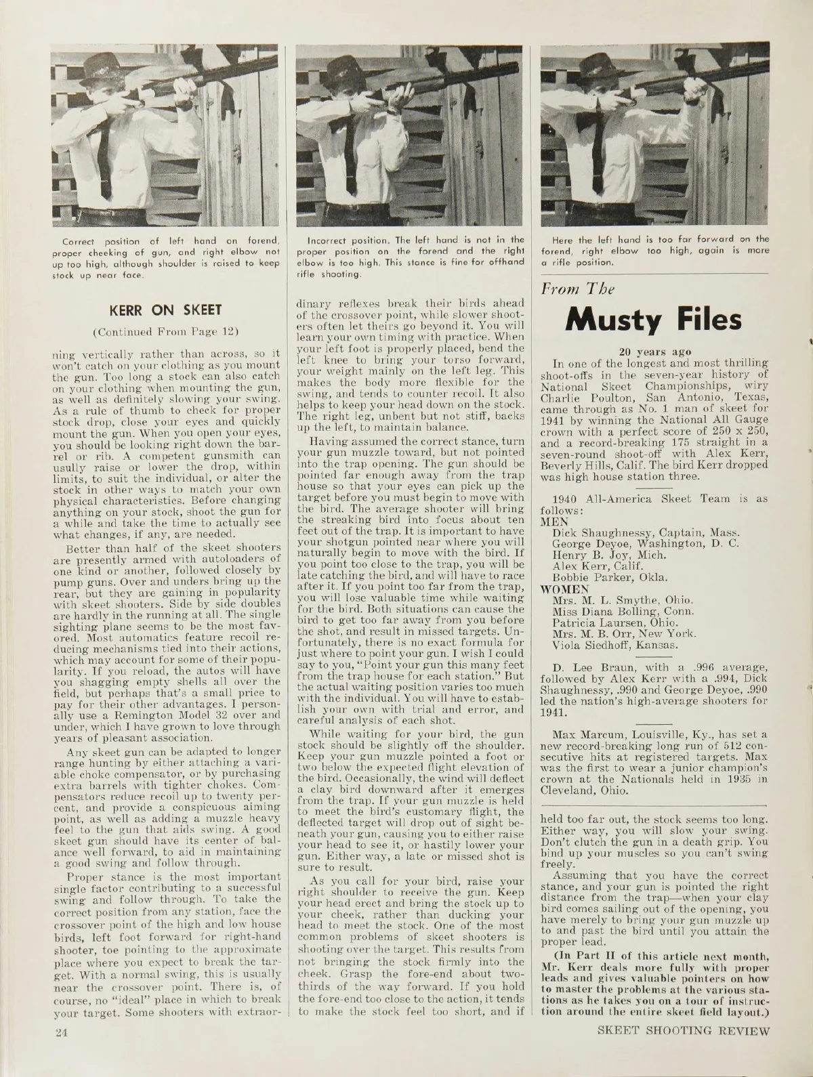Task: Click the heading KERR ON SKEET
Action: point(165,310)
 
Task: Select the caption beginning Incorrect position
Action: point(416,257)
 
